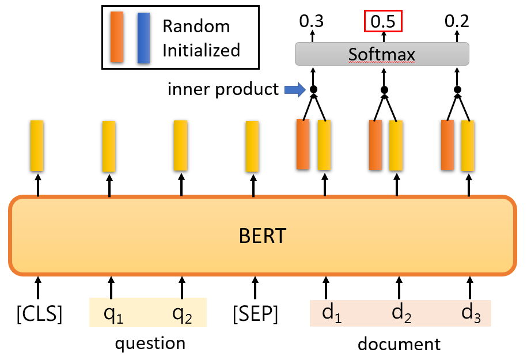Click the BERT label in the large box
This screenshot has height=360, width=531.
(263, 236)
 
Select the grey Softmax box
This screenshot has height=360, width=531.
(382, 54)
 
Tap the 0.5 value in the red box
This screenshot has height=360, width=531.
(383, 21)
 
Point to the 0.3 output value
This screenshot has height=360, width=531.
(311, 21)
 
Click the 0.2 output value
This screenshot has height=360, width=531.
(457, 21)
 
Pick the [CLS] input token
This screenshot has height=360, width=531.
(39, 314)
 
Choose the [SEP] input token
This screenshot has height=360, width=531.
(255, 314)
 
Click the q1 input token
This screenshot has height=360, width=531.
(113, 314)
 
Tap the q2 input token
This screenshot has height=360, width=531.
(182, 314)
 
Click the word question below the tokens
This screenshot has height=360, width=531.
(150, 343)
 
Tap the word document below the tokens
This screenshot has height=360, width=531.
(399, 344)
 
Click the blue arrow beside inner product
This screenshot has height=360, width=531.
(295, 90)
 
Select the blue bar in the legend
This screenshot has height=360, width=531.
(143, 38)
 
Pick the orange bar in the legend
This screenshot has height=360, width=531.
(117, 37)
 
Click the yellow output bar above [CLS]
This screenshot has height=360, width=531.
(37, 146)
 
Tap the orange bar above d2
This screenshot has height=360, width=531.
(376, 145)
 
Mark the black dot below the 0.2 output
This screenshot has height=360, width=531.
(457, 90)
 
